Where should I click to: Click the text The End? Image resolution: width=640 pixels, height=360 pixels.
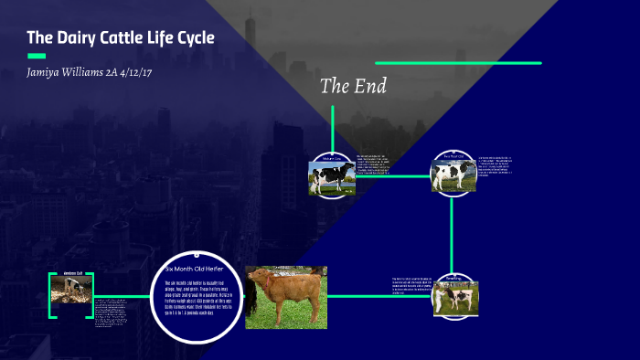coord(353,87)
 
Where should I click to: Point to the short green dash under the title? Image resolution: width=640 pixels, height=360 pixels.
coord(36,56)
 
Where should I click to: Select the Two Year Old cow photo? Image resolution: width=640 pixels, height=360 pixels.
coord(454,175)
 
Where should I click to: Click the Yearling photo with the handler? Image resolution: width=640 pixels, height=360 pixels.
coord(455,298)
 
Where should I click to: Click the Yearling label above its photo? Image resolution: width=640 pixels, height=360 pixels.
coord(454,278)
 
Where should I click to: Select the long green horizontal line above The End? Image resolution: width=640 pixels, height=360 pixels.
coord(458,63)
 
